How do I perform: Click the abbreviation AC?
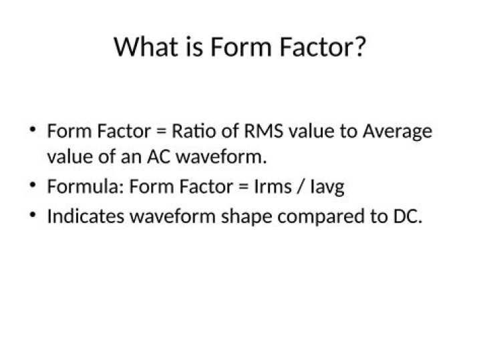[159, 158]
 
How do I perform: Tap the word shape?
[243, 218]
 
